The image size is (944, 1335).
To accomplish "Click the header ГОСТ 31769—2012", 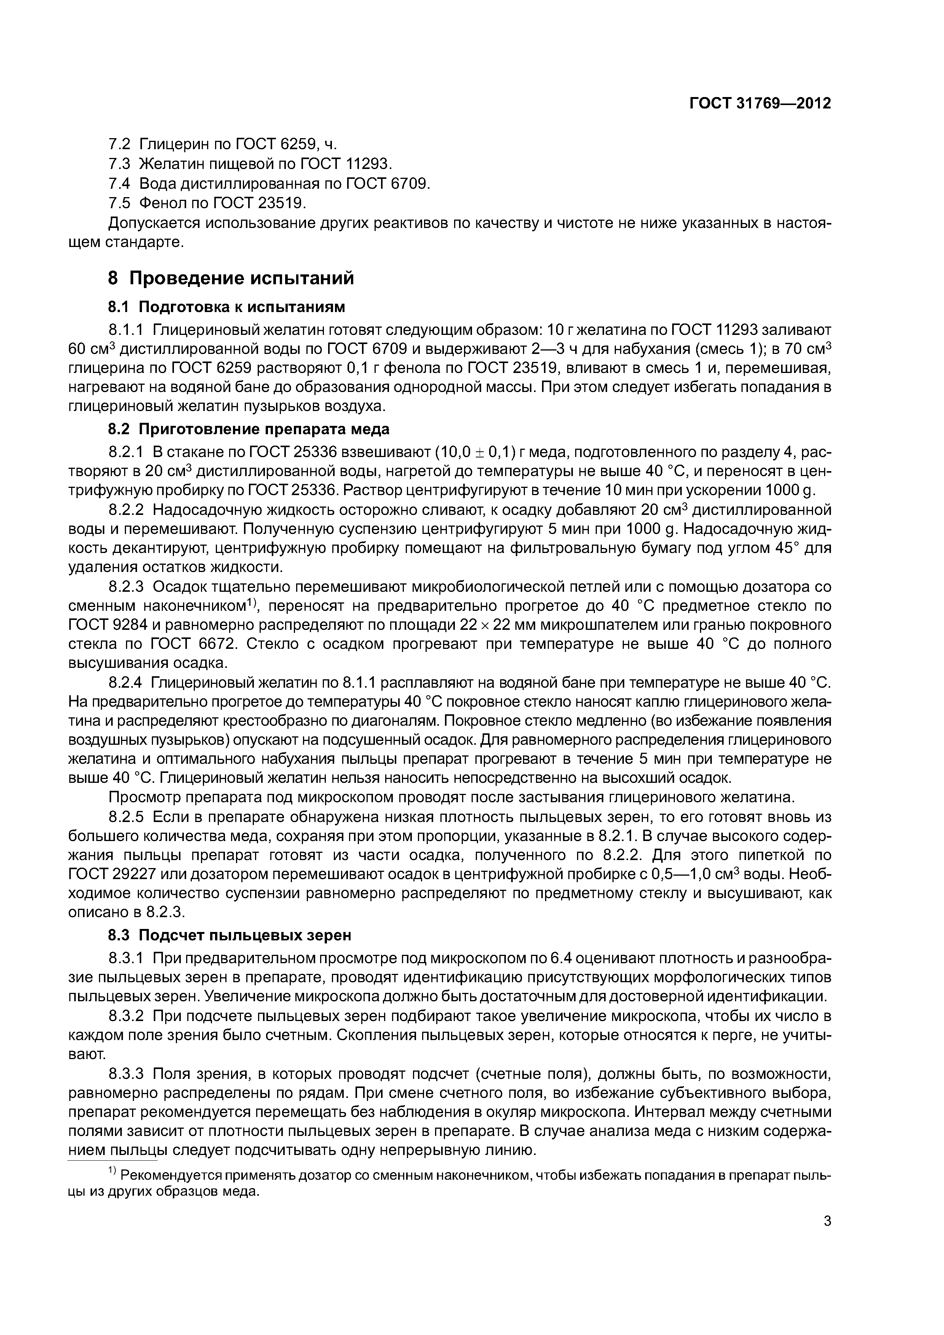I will pyautogui.click(x=760, y=104).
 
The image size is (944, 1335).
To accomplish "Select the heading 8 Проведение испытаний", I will pyautogui.click(x=231, y=279).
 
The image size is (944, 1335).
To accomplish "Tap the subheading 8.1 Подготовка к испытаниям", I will pyautogui.click(x=227, y=306).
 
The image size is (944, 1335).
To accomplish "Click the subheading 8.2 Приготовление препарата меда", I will pyautogui.click(x=248, y=429).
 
